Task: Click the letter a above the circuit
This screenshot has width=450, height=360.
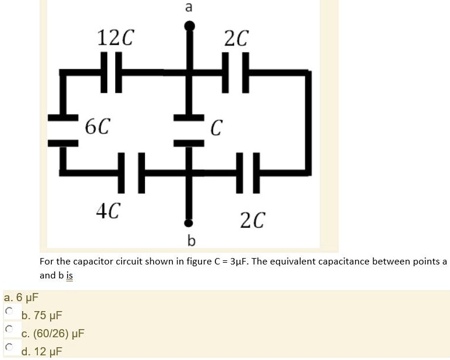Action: point(188,7)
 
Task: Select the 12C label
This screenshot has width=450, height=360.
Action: point(115,38)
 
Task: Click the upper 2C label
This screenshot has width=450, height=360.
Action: point(236,38)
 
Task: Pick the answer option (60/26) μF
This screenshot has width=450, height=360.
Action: point(52,334)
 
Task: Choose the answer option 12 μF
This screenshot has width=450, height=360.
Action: point(41,351)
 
